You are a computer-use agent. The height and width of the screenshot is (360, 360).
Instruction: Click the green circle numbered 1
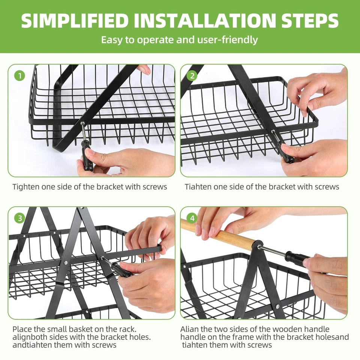pyautogui.click(x=20, y=75)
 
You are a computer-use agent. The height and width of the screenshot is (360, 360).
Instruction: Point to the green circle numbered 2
pyautogui.click(x=192, y=75)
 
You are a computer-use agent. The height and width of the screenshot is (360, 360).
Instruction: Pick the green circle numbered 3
pyautogui.click(x=20, y=218)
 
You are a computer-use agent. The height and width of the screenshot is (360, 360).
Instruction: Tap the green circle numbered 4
pyautogui.click(x=192, y=218)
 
